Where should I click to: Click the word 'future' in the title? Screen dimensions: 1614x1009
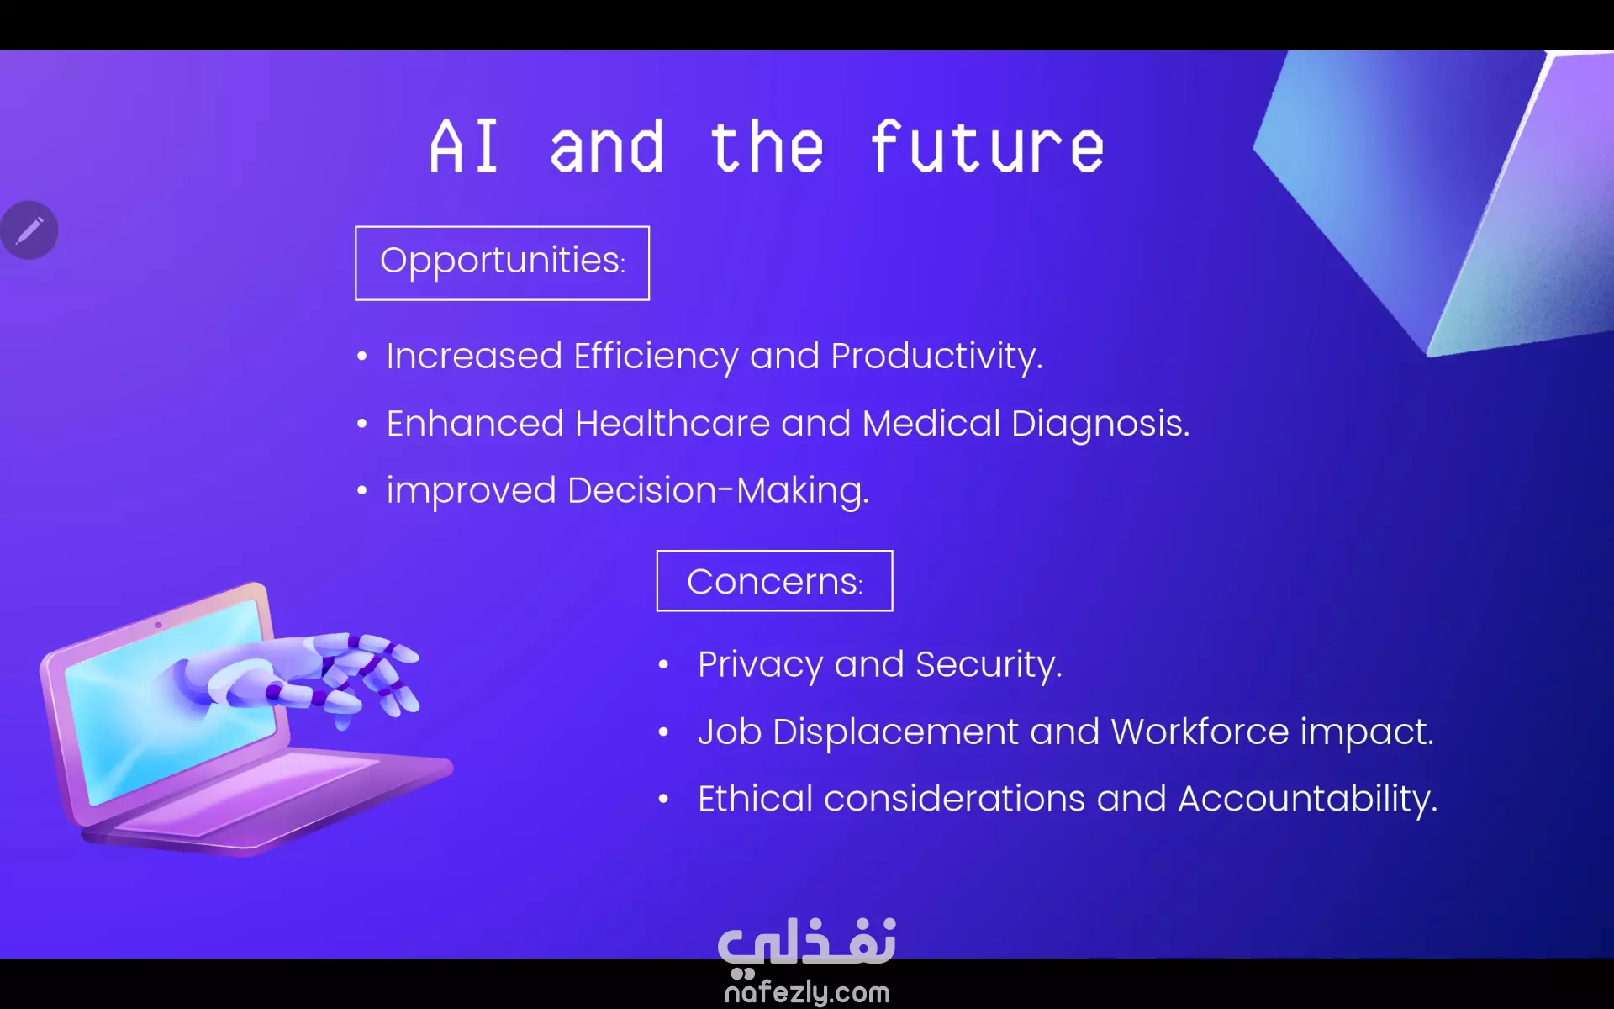[987, 146]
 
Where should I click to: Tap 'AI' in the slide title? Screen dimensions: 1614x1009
[464, 146]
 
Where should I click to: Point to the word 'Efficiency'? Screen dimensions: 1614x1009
[656, 357]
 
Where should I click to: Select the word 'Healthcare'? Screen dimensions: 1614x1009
[672, 423]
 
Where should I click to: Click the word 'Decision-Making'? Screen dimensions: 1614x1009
[718, 491]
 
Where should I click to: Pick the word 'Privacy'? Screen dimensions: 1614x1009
[760, 665]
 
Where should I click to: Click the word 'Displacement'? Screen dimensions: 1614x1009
[895, 732]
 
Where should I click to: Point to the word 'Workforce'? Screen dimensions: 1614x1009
[1200, 732]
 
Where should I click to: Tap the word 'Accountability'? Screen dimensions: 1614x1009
[1307, 800]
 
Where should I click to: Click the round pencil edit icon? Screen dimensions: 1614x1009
[29, 230]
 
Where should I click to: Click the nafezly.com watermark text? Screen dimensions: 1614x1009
[807, 992]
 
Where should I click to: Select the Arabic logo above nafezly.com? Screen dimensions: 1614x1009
[807, 943]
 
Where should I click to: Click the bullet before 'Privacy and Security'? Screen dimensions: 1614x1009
[663, 665]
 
